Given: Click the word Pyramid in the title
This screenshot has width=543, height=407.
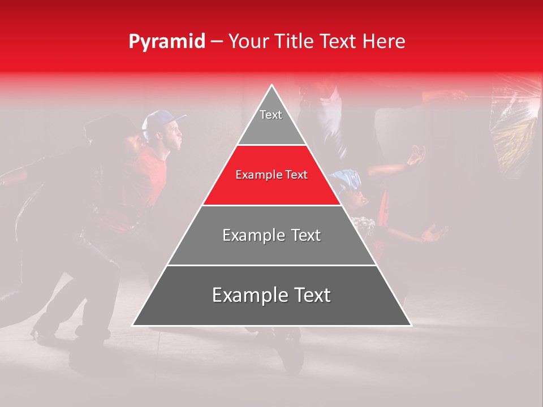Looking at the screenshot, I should tap(166, 42).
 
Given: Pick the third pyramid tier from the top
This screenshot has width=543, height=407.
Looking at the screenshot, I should tap(271, 236).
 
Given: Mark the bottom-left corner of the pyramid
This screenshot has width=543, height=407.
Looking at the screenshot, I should tap(133, 326).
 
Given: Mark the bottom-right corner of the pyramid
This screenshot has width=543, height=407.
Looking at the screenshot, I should tap(411, 326).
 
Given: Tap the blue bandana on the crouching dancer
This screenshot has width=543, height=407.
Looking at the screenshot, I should tap(346, 179).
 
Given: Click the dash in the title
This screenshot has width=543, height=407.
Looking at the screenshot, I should tap(217, 42).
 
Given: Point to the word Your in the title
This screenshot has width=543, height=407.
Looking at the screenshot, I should tap(247, 42).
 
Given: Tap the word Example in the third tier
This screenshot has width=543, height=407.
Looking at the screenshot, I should tap(249, 235).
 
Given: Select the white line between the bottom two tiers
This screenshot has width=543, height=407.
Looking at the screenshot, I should tap(271, 265).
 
